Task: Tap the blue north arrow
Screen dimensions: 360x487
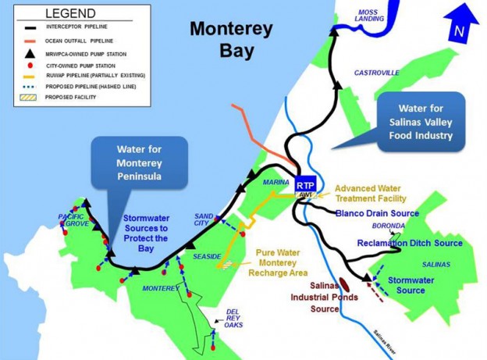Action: coord(460,24)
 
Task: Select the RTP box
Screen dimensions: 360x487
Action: coord(305,184)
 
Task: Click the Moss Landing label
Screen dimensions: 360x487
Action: coord(368,16)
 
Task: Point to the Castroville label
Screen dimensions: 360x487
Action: coord(377,73)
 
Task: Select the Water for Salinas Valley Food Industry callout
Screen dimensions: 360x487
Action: coord(422,123)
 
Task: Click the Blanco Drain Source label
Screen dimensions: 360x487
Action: coord(377,212)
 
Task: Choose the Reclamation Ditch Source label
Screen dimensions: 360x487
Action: coord(410,243)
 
